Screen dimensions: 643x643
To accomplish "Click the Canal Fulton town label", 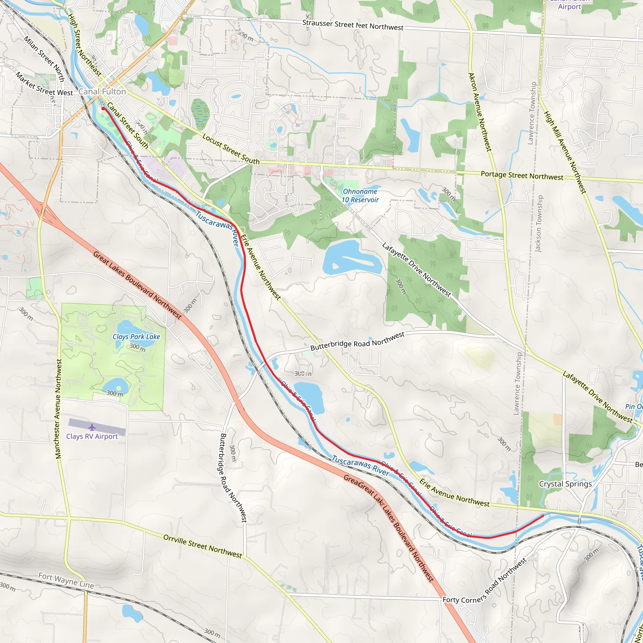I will coord(102,92).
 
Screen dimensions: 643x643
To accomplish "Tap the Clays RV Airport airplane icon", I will coord(92,427).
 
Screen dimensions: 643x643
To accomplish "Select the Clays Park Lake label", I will coord(136,337).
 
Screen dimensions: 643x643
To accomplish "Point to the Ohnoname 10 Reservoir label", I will coord(360,196).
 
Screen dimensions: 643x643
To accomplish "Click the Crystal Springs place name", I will coord(565,484).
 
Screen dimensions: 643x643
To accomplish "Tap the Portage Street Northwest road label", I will coord(522,176).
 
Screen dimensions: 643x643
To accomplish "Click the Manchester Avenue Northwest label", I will coord(59,409).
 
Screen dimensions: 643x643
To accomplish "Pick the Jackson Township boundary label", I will coord(538,224).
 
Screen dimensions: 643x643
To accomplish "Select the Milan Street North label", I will coord(44,59).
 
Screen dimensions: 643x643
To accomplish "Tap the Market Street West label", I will coord(44,84).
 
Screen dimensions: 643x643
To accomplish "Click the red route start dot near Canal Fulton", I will coord(103,109).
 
